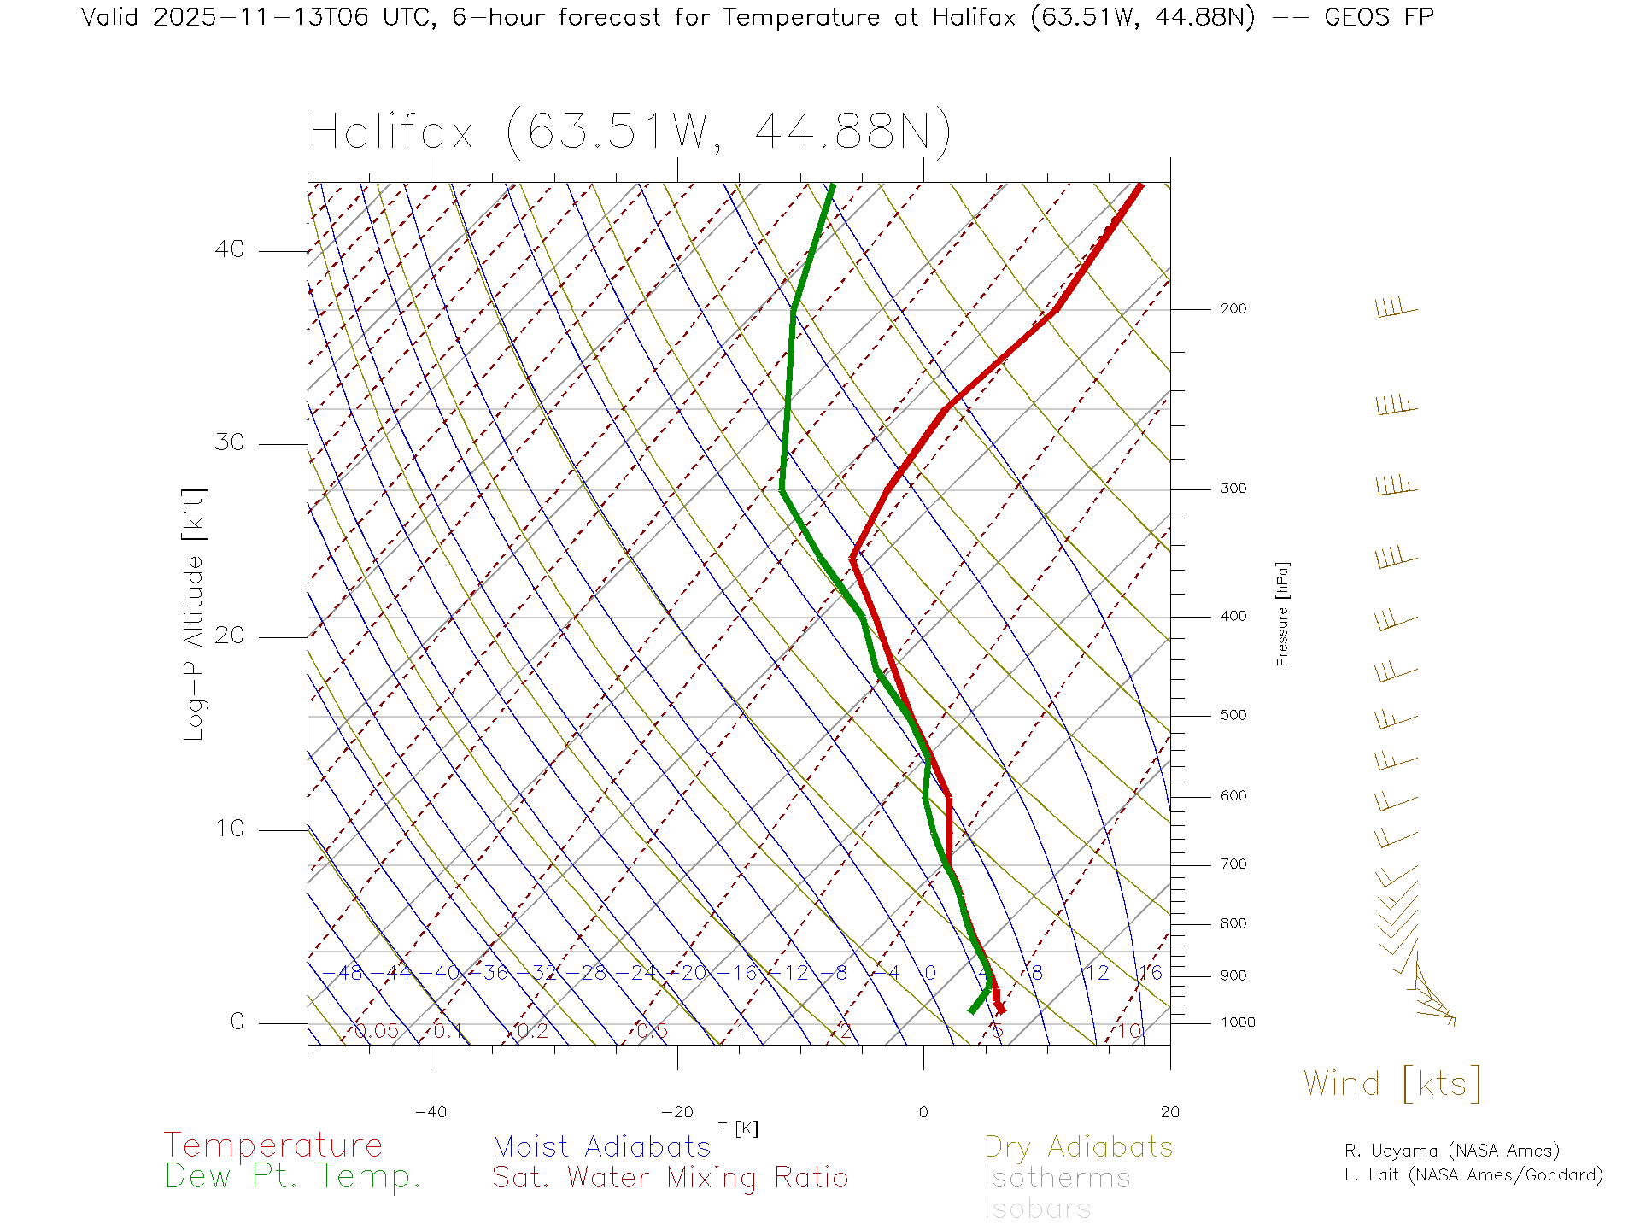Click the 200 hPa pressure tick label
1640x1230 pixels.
point(1233,308)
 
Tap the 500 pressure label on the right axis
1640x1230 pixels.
point(1233,715)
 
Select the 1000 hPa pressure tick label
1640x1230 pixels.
point(1237,1022)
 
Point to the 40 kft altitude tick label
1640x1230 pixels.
point(229,249)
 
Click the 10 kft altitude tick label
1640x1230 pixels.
point(229,829)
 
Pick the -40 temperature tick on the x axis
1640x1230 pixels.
point(430,1112)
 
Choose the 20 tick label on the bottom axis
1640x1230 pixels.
point(1169,1112)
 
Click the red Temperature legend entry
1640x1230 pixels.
point(272,1145)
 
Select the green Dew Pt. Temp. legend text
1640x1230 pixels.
point(293,1177)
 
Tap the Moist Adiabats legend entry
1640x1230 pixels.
point(601,1146)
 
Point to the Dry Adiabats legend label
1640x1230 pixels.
point(1078,1146)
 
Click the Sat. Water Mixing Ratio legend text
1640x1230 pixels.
point(670,1177)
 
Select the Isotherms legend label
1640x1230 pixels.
point(1057,1178)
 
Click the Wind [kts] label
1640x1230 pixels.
point(1391,1084)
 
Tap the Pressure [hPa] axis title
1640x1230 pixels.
point(1282,613)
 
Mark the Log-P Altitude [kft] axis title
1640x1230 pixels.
point(195,614)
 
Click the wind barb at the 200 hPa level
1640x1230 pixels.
point(1395,307)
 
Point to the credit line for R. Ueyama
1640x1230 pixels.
point(1451,1151)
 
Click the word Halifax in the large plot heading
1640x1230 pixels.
point(391,132)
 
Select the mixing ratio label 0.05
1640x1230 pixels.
point(376,1031)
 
